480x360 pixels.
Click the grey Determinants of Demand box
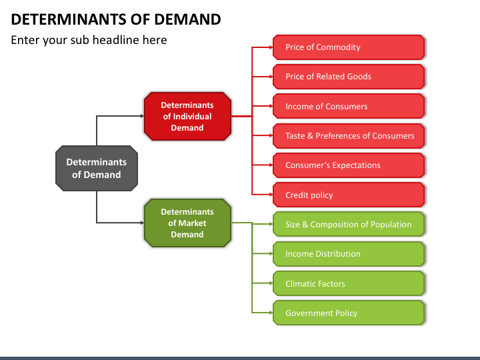(x=97, y=169)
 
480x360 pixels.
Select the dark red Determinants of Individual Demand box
(x=187, y=116)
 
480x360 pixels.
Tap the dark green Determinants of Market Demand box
(x=187, y=223)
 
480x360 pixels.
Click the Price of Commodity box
(x=349, y=47)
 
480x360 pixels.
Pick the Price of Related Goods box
(x=349, y=77)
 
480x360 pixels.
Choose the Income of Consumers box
(x=349, y=106)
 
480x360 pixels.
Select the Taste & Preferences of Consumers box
(x=349, y=135)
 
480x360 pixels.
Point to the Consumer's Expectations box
(x=349, y=165)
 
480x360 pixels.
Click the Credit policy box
(x=349, y=195)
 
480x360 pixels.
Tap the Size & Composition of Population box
(x=349, y=224)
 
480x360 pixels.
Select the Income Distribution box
(x=349, y=254)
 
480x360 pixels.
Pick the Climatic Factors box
(x=349, y=283)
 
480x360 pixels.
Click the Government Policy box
(x=349, y=313)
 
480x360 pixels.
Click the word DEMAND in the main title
(x=187, y=19)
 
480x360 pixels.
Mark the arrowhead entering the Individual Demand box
(x=142, y=116)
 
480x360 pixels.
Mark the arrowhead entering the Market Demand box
(x=142, y=223)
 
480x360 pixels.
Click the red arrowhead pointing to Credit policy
(x=271, y=195)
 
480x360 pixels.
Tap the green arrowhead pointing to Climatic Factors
(x=271, y=283)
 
